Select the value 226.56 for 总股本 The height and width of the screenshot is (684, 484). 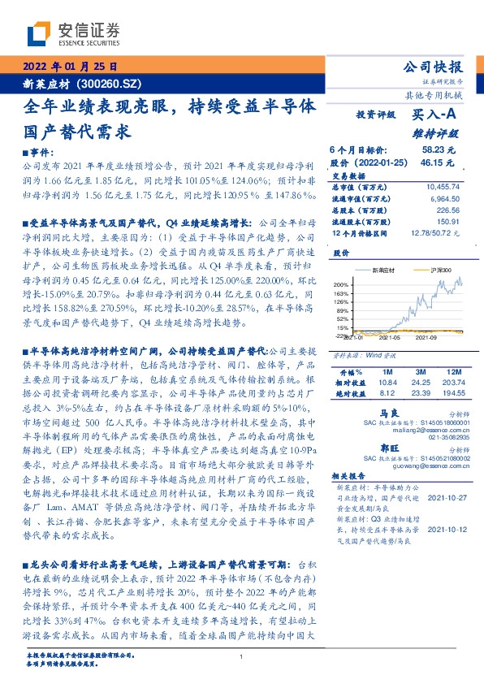447,209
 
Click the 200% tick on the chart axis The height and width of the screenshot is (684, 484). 340,284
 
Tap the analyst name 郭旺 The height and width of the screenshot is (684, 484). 371,448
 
